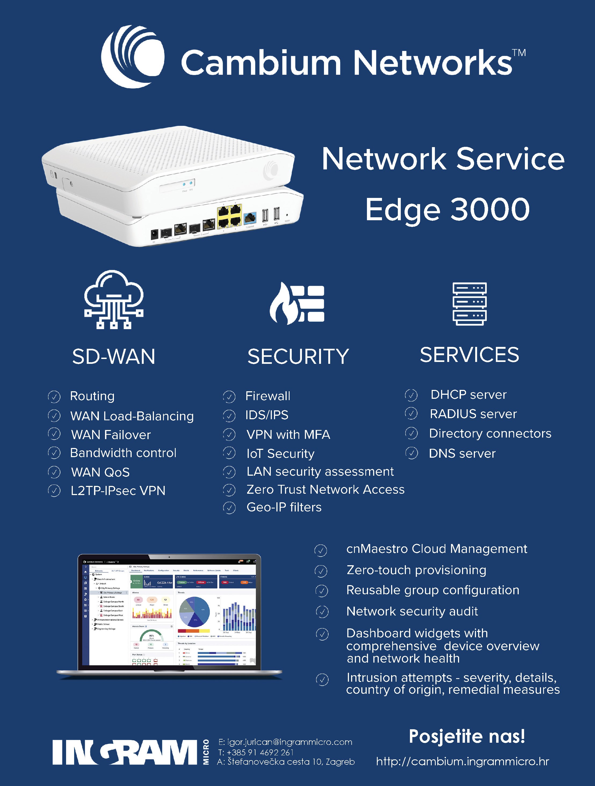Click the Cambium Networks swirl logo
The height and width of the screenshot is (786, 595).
tap(132, 57)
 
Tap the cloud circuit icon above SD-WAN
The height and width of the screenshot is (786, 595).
tap(114, 299)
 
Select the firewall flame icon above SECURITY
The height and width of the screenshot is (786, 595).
tap(297, 303)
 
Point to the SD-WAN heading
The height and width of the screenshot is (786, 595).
tap(114, 356)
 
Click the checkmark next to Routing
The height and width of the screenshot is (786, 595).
tap(54, 397)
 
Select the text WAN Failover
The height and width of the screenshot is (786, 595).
tap(111, 435)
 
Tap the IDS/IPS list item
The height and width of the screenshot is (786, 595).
tap(267, 415)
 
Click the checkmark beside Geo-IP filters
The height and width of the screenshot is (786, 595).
tap(229, 508)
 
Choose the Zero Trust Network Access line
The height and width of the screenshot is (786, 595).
tap(325, 489)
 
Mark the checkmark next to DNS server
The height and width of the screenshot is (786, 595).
tap(412, 453)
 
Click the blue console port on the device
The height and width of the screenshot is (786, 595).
tap(250, 218)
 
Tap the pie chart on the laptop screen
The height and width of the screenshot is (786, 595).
tap(194, 611)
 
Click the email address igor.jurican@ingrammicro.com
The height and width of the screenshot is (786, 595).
tap(285, 742)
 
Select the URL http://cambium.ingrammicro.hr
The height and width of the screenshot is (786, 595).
tap(462, 762)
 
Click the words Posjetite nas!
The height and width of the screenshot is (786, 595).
tap(467, 736)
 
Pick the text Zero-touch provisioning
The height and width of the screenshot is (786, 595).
tap(416, 570)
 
